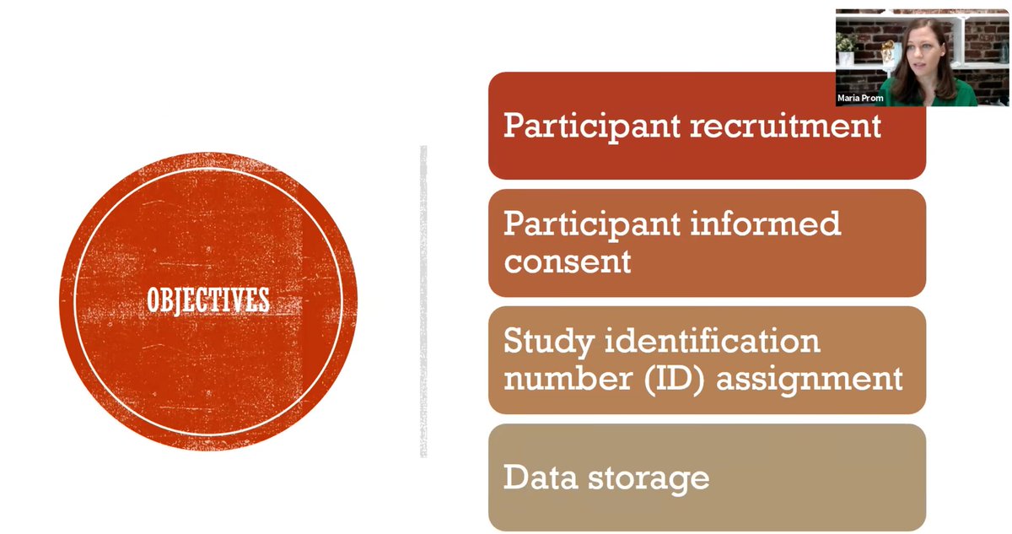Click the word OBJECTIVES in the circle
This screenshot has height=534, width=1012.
point(208,300)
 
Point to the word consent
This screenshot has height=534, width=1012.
point(567,261)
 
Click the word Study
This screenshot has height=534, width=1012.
point(546,341)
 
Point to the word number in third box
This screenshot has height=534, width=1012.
point(567,377)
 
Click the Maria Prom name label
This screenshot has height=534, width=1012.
point(860,99)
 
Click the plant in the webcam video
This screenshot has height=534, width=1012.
point(846,41)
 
